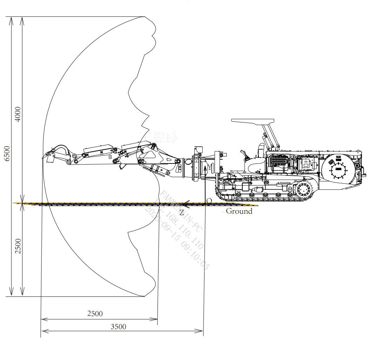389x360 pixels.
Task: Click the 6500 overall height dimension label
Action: click(7, 153)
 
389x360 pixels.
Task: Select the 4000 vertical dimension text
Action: click(18, 114)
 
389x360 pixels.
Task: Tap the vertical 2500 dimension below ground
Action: click(18, 246)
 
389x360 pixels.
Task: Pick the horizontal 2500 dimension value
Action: click(95, 313)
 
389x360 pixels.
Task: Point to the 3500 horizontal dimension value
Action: click(118, 327)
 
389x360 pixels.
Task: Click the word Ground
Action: click(239, 211)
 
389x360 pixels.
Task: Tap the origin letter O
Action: click(209, 201)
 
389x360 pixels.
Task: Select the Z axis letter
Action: click(182, 212)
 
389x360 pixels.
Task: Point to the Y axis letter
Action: click(210, 168)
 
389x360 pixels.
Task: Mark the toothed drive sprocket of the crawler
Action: click(303, 190)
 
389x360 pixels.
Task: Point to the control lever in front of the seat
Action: click(243, 154)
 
